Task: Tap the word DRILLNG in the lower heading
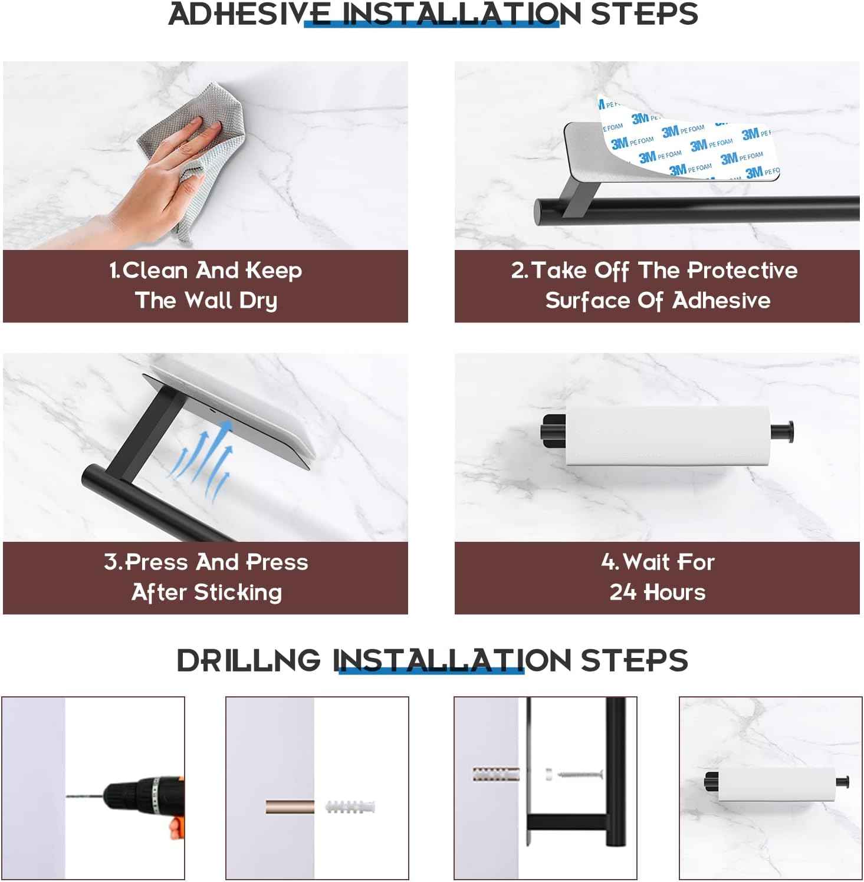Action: coord(249,660)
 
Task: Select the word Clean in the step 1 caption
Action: coord(155,271)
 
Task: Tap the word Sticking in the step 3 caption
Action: coord(238,592)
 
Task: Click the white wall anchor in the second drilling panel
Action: coord(350,806)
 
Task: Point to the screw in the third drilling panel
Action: coord(576,773)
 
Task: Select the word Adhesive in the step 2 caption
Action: coord(721,301)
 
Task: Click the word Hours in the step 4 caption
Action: coord(674,592)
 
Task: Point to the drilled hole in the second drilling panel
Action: coord(290,807)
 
